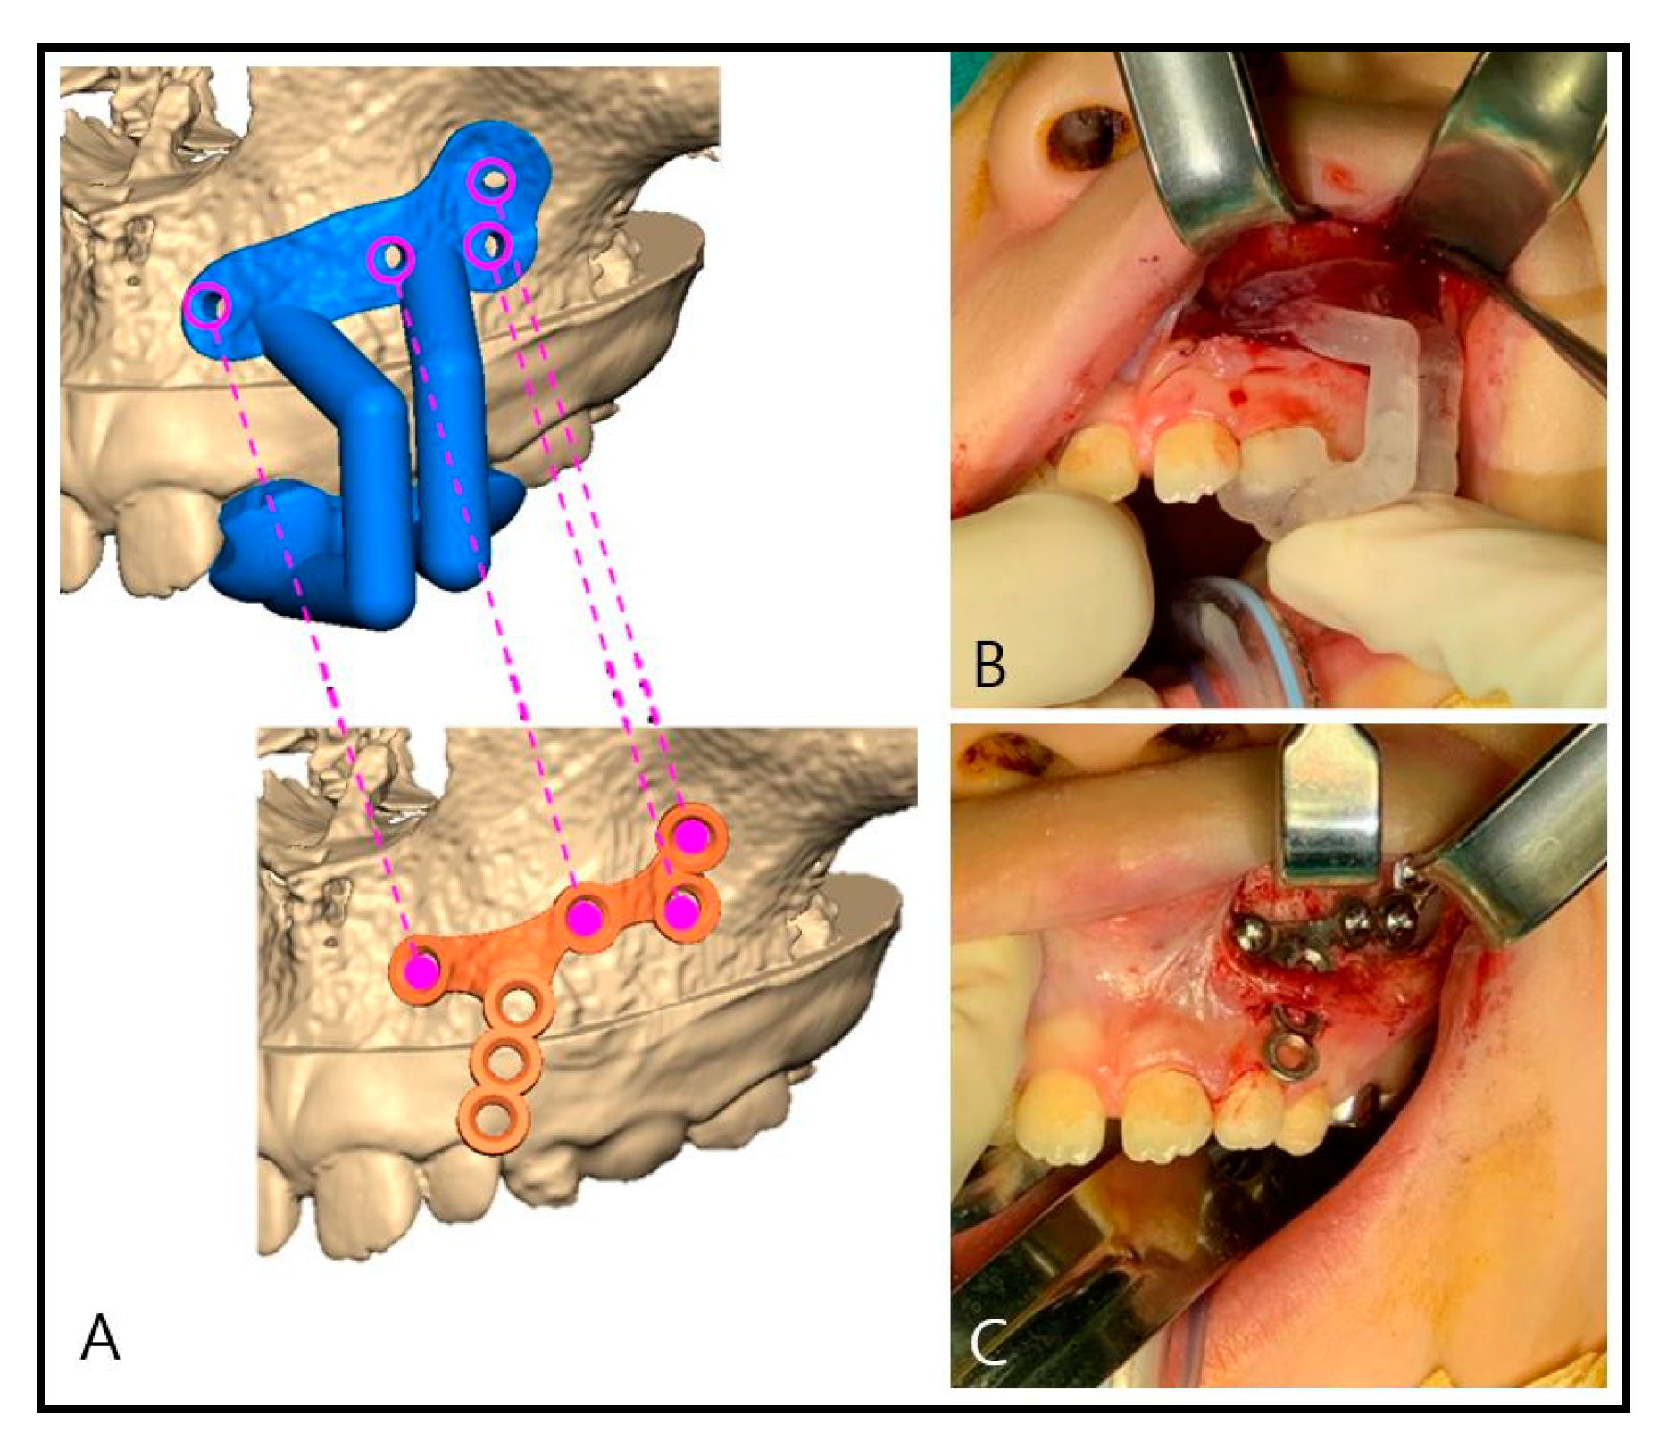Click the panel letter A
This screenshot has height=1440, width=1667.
[100, 1338]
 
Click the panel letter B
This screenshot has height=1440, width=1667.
[991, 664]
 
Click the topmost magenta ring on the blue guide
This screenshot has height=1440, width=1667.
[493, 180]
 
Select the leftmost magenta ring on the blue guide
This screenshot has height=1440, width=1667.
[209, 305]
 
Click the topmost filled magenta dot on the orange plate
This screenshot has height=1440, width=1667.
[691, 837]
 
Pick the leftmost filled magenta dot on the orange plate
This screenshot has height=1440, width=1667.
[421, 972]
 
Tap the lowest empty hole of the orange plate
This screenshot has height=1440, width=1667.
[488, 1117]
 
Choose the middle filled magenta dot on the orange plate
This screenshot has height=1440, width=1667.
[585, 917]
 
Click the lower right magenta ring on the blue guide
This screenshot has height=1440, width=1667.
[488, 244]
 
